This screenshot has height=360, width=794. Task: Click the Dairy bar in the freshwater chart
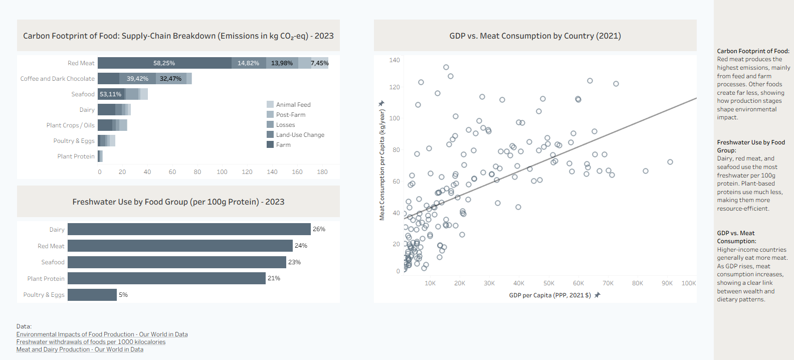pos(189,229)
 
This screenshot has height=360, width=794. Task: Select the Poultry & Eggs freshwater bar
pos(92,295)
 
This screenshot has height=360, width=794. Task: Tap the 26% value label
pos(319,229)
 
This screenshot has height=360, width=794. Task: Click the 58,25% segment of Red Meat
pos(164,63)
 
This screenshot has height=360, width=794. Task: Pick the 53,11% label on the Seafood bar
pos(110,94)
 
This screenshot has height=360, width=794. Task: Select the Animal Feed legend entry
pos(293,105)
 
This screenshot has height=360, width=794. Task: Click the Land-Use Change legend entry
pos(300,135)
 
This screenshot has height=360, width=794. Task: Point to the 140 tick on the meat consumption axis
pos(394,60)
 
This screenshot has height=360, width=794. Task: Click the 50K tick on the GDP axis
pos(549,283)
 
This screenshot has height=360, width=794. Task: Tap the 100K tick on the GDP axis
pos(688,283)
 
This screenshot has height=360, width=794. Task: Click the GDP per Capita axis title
pos(550,295)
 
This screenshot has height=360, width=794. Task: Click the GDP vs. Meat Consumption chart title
pos(535,36)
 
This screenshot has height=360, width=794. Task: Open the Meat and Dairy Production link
pos(80,349)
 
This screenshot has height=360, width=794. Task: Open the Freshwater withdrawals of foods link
pos(91,342)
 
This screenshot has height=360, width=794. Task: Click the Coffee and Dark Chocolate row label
pos(57,79)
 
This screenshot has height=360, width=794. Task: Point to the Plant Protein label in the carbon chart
pos(76,156)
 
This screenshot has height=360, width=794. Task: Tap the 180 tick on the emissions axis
pos(322,172)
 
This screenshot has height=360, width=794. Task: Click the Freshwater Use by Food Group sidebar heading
pos(750,146)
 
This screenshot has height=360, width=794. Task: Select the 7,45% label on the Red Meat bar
pos(319,63)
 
